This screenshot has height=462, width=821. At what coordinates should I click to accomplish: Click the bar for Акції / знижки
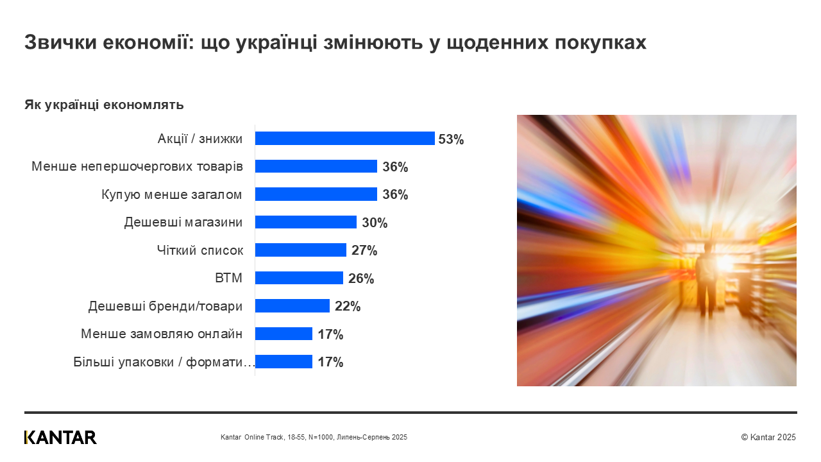(x=344, y=139)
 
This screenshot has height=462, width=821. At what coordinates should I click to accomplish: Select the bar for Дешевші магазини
(x=305, y=222)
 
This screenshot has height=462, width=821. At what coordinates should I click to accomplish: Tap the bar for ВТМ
(x=299, y=278)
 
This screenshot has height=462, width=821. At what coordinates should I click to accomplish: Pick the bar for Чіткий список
(x=300, y=250)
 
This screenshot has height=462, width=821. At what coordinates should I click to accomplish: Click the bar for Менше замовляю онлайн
(x=284, y=334)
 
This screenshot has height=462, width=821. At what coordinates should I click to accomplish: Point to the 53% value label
(x=451, y=139)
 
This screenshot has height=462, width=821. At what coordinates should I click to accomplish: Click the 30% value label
(x=375, y=223)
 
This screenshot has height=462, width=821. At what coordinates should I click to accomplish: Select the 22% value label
(x=348, y=306)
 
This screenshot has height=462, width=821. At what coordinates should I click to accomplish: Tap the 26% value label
(x=361, y=278)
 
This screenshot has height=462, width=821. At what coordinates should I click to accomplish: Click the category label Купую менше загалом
(x=172, y=194)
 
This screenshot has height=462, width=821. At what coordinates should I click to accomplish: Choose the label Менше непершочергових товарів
(x=137, y=167)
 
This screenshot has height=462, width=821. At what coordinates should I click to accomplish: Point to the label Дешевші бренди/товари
(x=165, y=306)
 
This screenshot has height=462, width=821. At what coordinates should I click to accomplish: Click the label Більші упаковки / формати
(x=164, y=362)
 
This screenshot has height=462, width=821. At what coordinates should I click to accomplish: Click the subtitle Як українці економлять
(x=104, y=105)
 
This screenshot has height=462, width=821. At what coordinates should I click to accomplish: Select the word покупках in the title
(x=599, y=42)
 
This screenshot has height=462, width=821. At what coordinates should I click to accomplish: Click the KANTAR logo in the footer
(x=60, y=437)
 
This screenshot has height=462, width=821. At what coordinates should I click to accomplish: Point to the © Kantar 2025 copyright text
(x=768, y=437)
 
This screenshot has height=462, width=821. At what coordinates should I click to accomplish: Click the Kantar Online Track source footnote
(x=314, y=437)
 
